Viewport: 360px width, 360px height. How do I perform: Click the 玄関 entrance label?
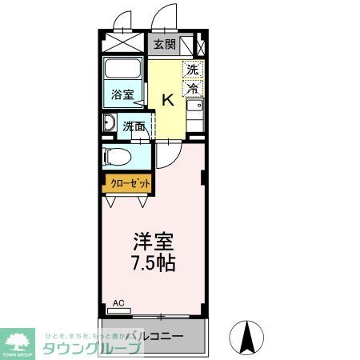(x=164, y=45)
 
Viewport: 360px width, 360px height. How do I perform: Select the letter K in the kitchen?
(x=169, y=99)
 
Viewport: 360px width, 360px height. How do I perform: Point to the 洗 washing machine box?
(x=193, y=69)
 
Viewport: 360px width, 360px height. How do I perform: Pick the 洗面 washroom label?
(x=134, y=125)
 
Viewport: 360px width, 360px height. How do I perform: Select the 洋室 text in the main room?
(x=154, y=241)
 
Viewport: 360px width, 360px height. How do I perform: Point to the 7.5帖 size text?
(x=154, y=262)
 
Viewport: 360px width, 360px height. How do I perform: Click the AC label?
(x=118, y=302)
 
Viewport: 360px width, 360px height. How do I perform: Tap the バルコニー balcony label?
(x=157, y=336)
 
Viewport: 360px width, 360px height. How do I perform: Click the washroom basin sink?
(x=110, y=123)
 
